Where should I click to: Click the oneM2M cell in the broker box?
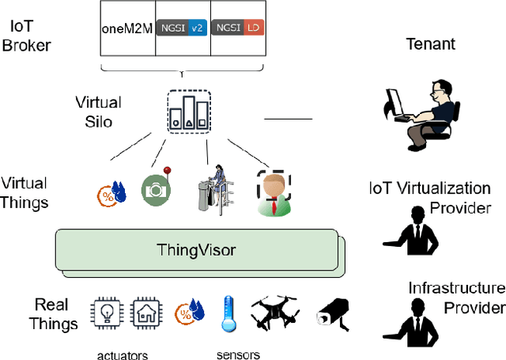point(127,28)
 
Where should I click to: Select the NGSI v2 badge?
point(183,27)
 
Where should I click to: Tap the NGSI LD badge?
point(238,27)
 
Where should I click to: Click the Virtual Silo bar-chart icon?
point(189,111)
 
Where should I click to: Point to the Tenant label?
point(430,44)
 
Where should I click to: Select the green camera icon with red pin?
point(155,188)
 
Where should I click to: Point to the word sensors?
point(239,354)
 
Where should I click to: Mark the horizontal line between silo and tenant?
point(288,119)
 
